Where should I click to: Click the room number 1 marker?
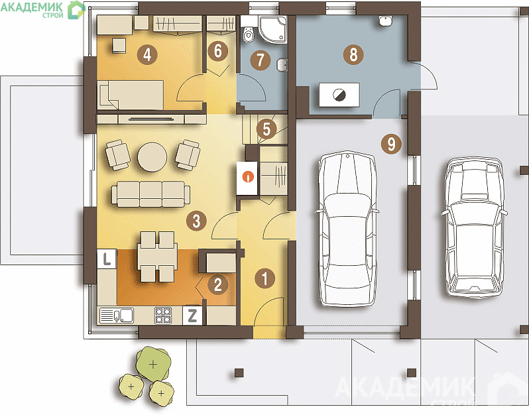[265, 278]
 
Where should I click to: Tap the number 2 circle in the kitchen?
[218, 284]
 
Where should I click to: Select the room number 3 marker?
[196, 221]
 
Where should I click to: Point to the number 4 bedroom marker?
[147, 54]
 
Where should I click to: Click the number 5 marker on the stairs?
[266, 129]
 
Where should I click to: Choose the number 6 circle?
[218, 51]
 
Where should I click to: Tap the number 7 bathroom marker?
[261, 60]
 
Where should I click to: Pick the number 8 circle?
[353, 54]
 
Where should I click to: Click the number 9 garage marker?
[391, 144]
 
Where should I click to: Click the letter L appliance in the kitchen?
[107, 259]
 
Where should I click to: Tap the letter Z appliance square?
[192, 316]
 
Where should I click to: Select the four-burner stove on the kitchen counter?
[163, 316]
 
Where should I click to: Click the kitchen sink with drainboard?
[117, 316]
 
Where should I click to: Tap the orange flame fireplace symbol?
[249, 177]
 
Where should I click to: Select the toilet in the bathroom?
[248, 31]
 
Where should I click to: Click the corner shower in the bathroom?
[272, 29]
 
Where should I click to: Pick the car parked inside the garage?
[347, 230]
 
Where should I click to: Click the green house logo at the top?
[76, 10]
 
